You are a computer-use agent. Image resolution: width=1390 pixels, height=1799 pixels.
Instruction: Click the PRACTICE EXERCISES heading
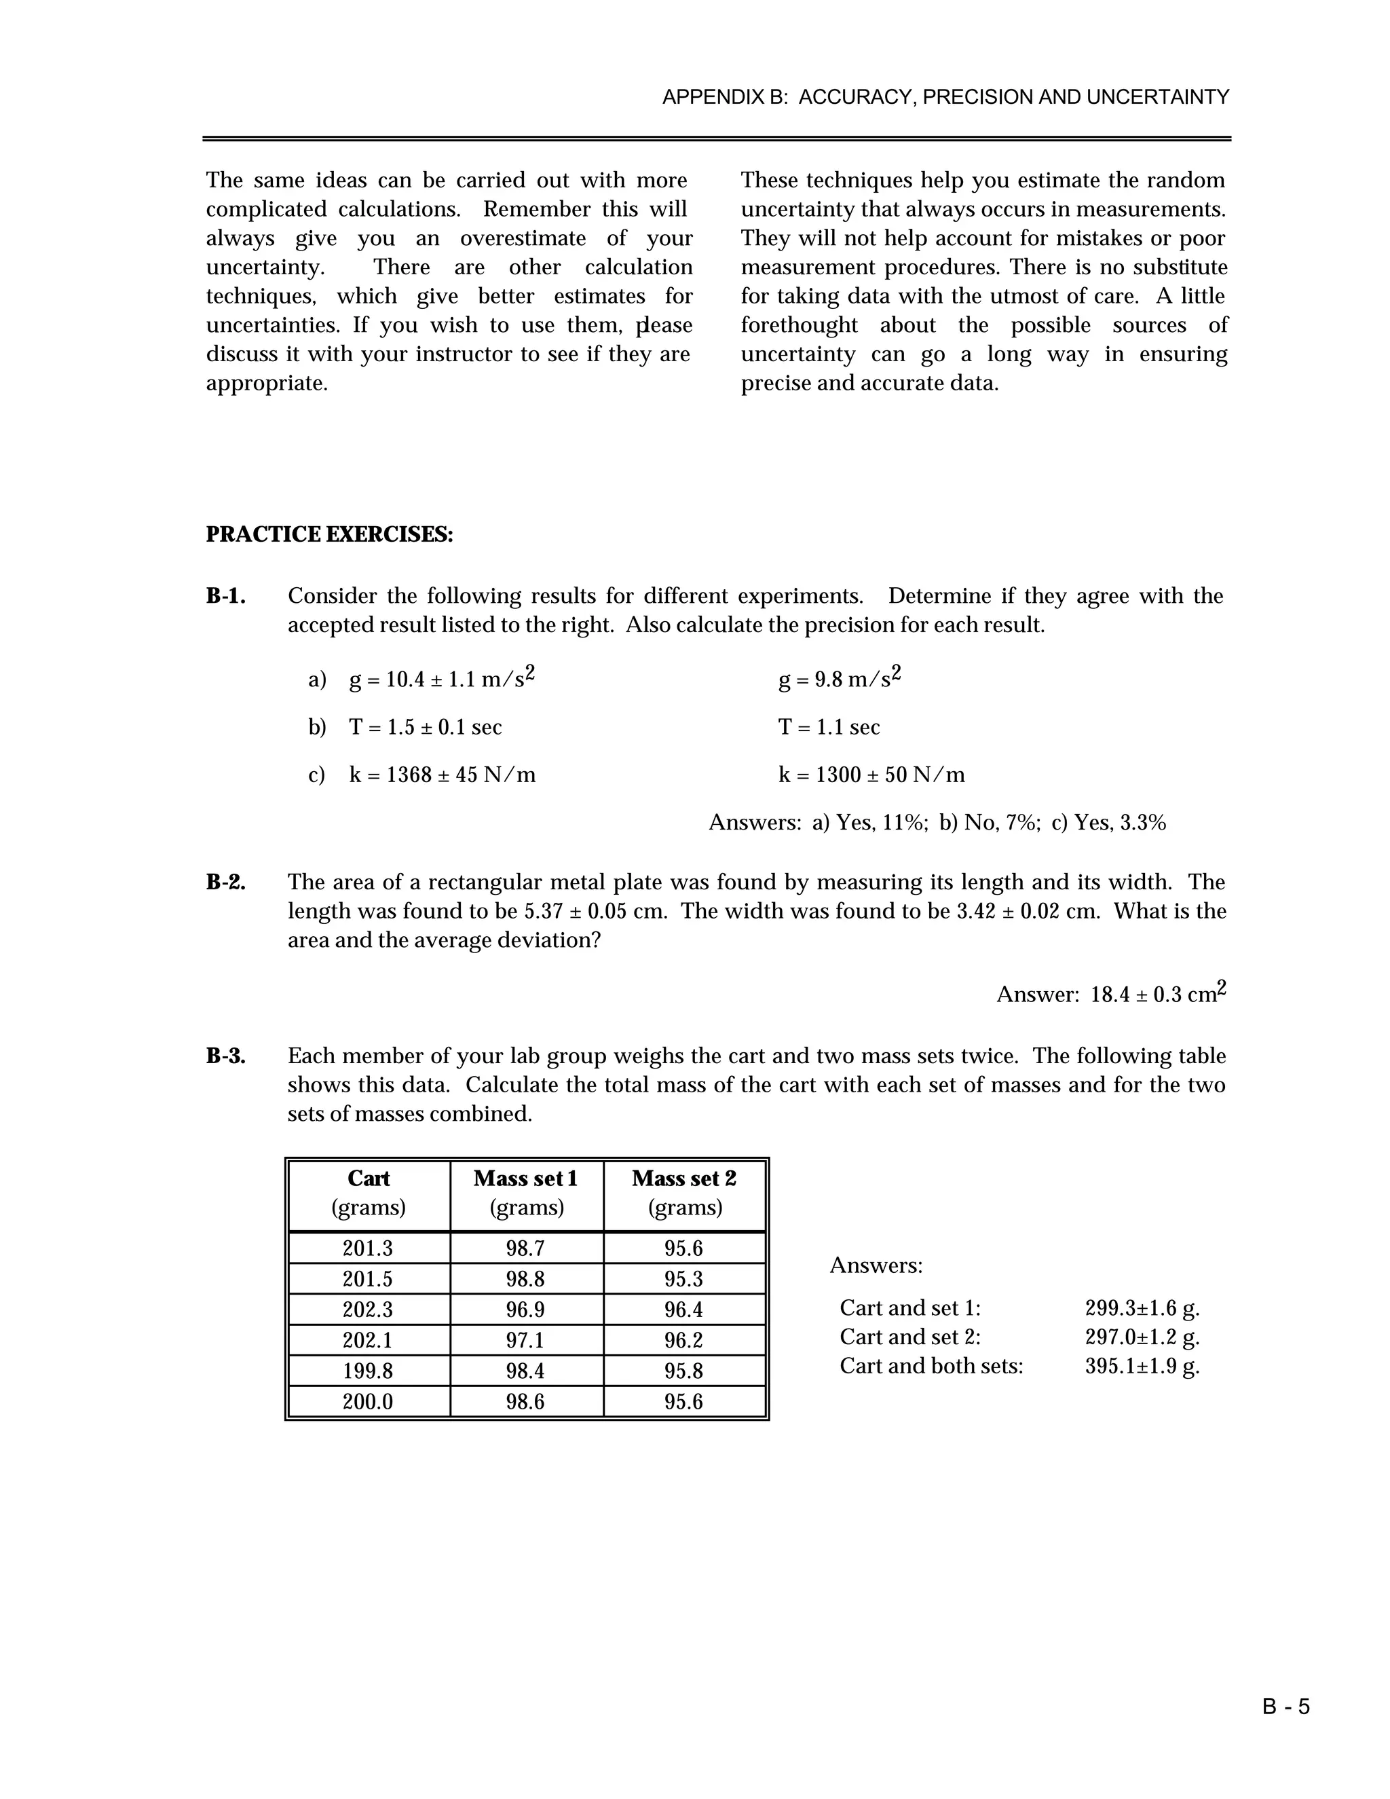tap(329, 534)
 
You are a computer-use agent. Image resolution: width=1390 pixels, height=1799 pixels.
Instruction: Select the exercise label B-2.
tap(225, 883)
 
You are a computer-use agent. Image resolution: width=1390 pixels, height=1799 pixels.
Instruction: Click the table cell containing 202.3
tap(367, 1310)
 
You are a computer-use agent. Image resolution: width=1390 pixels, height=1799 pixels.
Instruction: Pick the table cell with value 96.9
tap(525, 1310)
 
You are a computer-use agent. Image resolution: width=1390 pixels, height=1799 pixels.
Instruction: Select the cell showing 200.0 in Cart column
tap(367, 1401)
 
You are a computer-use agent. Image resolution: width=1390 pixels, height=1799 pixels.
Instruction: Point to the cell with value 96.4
tap(683, 1310)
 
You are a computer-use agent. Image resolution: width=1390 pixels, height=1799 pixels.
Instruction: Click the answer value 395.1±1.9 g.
tap(1142, 1366)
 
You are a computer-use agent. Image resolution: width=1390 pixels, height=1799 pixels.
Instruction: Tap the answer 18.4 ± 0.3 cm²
tap(1157, 995)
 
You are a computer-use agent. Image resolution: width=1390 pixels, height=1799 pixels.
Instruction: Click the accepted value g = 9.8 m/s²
tap(839, 680)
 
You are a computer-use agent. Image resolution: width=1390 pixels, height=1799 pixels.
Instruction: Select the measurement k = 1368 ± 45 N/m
tap(443, 775)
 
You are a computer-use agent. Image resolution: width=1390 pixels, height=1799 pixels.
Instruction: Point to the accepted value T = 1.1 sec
tap(829, 727)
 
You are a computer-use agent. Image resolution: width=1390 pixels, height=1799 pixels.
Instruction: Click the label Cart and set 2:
tap(910, 1336)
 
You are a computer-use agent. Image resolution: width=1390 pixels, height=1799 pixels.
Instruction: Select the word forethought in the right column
tap(799, 325)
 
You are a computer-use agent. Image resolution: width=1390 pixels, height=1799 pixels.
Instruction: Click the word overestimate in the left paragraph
tap(523, 239)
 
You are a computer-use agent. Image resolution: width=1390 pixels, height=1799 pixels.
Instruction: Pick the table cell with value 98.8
tap(525, 1279)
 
